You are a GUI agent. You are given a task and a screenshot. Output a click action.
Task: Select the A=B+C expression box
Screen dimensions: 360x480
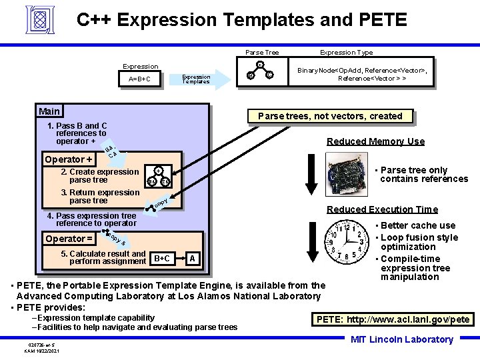tap(139, 80)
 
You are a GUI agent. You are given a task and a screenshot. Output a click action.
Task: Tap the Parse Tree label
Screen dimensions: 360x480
tap(262, 52)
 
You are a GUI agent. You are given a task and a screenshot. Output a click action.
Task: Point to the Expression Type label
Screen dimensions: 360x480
tap(346, 52)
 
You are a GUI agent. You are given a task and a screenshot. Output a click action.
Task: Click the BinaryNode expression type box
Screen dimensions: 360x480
tap(363, 74)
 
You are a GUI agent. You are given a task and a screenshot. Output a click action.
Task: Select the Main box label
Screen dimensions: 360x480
tap(49, 111)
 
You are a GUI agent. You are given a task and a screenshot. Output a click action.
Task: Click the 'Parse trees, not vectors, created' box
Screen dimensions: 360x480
tap(330, 116)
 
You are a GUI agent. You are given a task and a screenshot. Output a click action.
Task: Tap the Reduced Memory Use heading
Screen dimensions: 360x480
tap(375, 141)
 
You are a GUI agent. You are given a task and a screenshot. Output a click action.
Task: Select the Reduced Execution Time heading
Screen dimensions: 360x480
tap(381, 209)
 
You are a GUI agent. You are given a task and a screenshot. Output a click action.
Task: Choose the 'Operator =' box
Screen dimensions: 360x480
tap(68, 239)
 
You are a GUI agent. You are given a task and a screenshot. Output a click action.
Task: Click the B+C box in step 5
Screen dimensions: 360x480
tap(162, 259)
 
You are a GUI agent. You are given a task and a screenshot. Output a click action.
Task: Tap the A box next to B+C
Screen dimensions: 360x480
tap(192, 259)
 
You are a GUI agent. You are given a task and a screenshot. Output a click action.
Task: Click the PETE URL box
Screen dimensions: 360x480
tap(393, 319)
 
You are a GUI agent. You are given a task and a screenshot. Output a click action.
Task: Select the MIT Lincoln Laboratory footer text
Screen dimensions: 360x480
tap(402, 340)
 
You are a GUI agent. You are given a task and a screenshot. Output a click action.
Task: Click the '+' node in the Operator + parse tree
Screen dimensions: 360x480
tap(158, 171)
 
